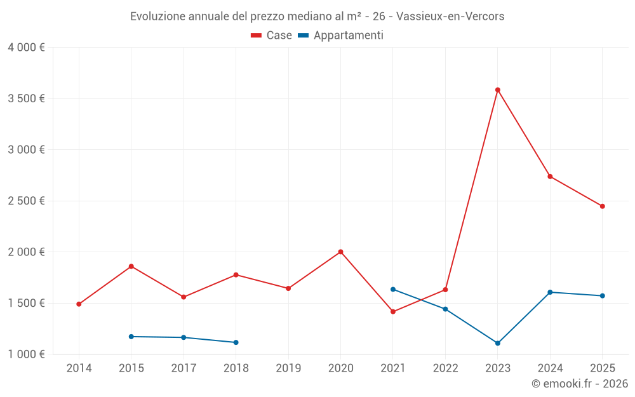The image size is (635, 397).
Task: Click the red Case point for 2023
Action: (x=498, y=90)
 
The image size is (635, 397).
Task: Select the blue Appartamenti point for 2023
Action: (x=498, y=343)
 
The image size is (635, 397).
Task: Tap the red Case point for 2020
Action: (x=340, y=252)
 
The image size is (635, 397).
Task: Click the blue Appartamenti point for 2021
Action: (x=393, y=290)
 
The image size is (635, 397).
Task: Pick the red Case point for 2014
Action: (x=79, y=304)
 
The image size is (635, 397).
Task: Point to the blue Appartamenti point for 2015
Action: (x=131, y=337)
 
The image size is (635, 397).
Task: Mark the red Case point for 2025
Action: (x=602, y=206)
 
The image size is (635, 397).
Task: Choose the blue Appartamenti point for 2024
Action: (x=550, y=292)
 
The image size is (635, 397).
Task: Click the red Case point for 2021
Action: (x=393, y=312)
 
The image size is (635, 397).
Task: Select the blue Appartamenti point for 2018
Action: (x=236, y=342)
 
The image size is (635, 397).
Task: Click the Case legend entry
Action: (x=271, y=36)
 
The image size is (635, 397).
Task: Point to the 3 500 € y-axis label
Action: (x=26, y=98)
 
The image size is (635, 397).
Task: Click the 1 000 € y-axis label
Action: (x=26, y=354)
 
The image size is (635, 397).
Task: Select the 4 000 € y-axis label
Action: (x=26, y=48)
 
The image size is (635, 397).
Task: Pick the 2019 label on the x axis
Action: (x=288, y=368)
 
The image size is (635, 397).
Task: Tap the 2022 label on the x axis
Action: (x=445, y=368)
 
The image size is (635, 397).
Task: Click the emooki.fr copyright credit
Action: (x=579, y=384)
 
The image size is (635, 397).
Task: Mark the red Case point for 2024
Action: (x=550, y=177)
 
